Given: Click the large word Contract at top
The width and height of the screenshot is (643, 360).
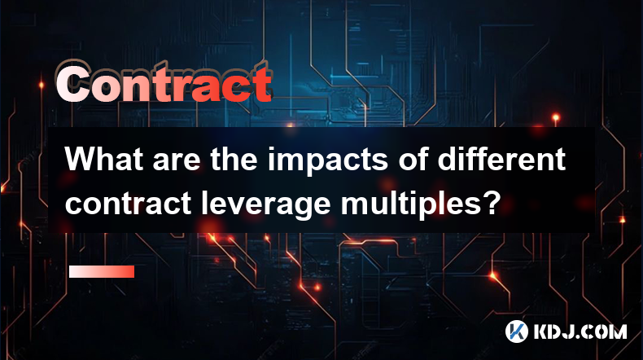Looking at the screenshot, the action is pos(164,82).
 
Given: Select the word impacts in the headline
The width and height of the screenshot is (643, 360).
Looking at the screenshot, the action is pos(328,162).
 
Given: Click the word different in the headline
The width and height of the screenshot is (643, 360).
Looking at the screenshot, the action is pos(501,160).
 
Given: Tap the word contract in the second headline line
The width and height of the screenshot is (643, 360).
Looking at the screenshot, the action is pos(128,204).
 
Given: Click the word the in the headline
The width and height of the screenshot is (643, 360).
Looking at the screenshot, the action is pos(234,160).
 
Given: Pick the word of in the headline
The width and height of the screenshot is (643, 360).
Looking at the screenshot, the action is pos(413,160).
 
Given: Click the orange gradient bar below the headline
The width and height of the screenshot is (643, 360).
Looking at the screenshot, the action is pos(102,271).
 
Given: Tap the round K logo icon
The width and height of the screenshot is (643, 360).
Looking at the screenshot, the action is pos(517,331).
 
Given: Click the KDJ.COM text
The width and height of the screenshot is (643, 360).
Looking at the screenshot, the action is pos(580,331).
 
